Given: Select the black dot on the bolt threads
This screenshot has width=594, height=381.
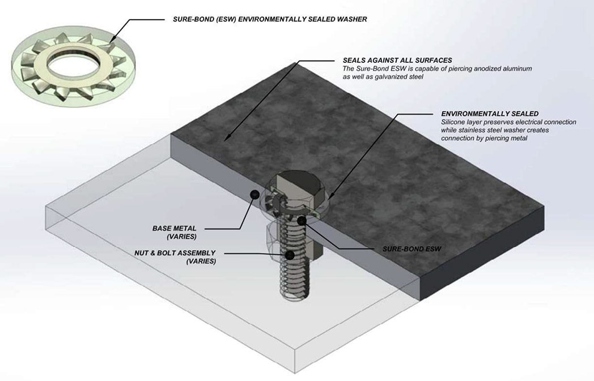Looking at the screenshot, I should click(290, 255).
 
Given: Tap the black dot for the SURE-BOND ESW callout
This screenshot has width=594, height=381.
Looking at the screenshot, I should click(303, 219).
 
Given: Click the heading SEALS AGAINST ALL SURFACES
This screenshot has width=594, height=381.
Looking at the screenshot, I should click(397, 60).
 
